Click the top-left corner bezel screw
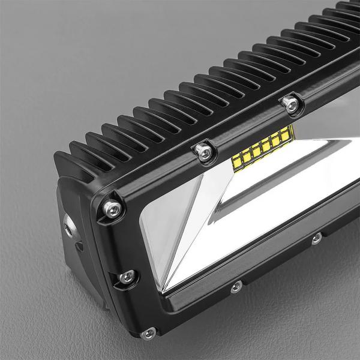tap(112, 208)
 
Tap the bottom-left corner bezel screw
tap(146, 332)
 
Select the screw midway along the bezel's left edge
tap(126, 277)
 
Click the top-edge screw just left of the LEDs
tap(205, 152)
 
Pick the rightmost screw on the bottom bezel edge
tap(316, 239)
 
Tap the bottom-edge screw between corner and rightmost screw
tap(236, 286)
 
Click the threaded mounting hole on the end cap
tap(68, 227)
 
